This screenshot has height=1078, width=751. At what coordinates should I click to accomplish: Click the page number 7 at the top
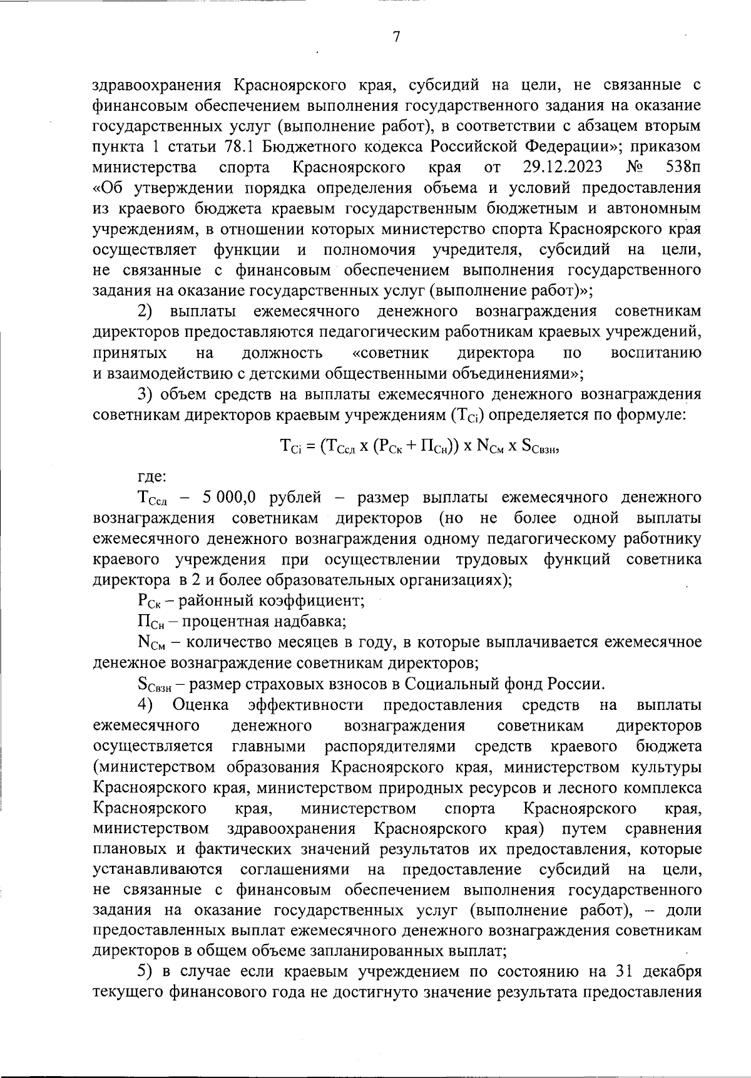pyautogui.click(x=396, y=37)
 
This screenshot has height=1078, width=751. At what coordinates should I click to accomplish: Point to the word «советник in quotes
pyautogui.click(x=391, y=353)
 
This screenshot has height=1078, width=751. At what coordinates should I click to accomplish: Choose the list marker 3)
pyautogui.click(x=145, y=394)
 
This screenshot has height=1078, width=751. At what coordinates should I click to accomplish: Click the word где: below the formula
pyautogui.click(x=151, y=477)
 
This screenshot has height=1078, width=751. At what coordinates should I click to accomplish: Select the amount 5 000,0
pyautogui.click(x=229, y=498)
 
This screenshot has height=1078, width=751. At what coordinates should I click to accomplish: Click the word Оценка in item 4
pyautogui.click(x=200, y=705)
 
